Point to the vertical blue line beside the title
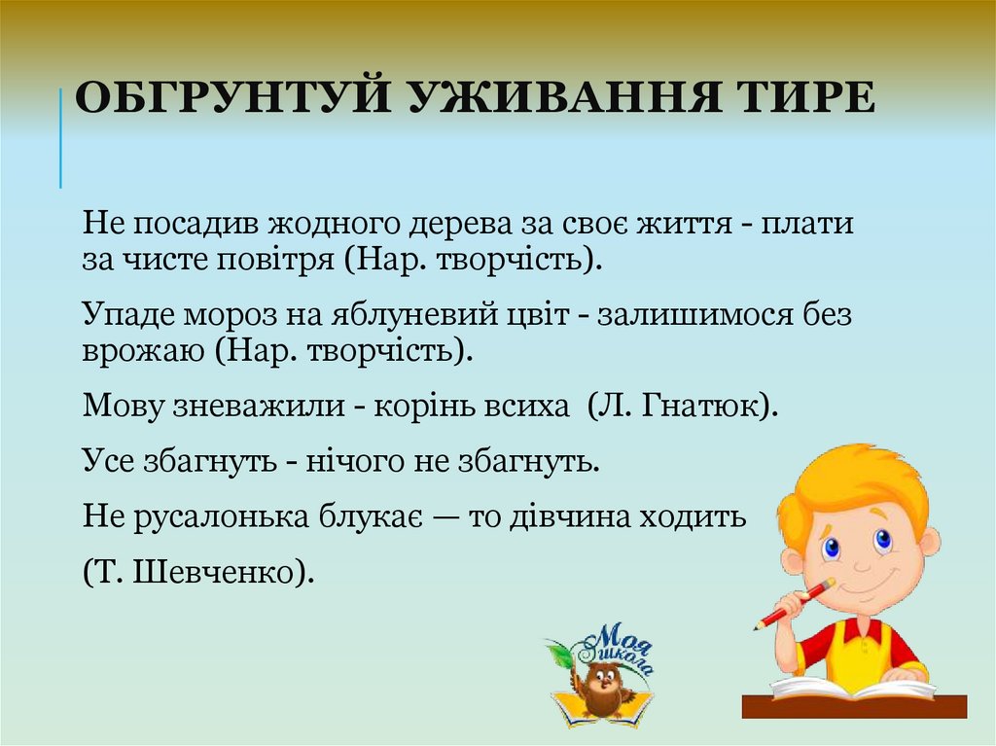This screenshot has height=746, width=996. point(60,136)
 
